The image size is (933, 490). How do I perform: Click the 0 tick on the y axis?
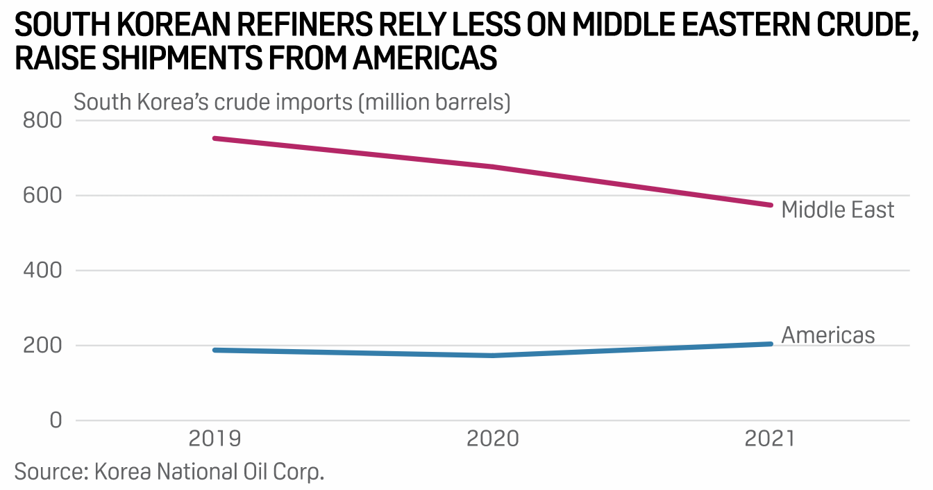pyautogui.click(x=55, y=421)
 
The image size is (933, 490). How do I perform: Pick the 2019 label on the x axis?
pyautogui.click(x=215, y=440)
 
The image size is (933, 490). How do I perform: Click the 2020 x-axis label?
pyautogui.click(x=493, y=440)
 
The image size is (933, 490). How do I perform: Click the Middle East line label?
pyautogui.click(x=838, y=210)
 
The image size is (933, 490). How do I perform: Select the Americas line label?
pyautogui.click(x=828, y=335)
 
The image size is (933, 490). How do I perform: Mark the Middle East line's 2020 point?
pyautogui.click(x=493, y=167)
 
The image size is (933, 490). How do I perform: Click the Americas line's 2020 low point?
pyautogui.click(x=493, y=355)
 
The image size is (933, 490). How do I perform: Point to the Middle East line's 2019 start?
pyautogui.click(x=215, y=138)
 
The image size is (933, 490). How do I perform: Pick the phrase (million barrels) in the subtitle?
pyautogui.click(x=434, y=102)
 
